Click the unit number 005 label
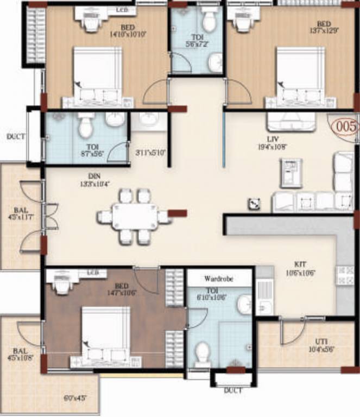click(x=346, y=127)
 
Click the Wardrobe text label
click(x=219, y=279)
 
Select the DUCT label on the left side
click(x=15, y=137)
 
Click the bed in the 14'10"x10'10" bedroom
click(x=98, y=76)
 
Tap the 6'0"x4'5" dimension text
click(x=74, y=398)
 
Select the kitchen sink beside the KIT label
click(x=264, y=296)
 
